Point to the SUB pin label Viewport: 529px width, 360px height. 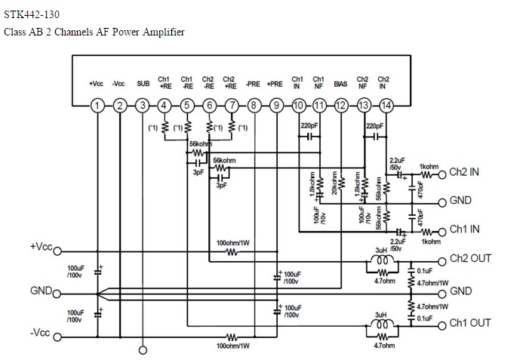pyautogui.click(x=143, y=84)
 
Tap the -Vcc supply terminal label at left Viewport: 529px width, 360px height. pyautogui.click(x=39, y=332)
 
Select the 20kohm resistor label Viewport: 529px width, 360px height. pyautogui.click(x=333, y=186)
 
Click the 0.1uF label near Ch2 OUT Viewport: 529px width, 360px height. pyautogui.click(x=424, y=269)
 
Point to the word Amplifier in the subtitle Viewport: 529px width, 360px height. pyautogui.click(x=162, y=32)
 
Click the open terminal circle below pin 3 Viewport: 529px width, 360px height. pyautogui.click(x=143, y=349)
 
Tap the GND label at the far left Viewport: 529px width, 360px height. pyautogui.click(x=41, y=291)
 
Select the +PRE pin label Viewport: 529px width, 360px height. pyautogui.click(x=275, y=84)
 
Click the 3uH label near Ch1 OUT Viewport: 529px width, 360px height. pyautogui.click(x=381, y=314)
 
